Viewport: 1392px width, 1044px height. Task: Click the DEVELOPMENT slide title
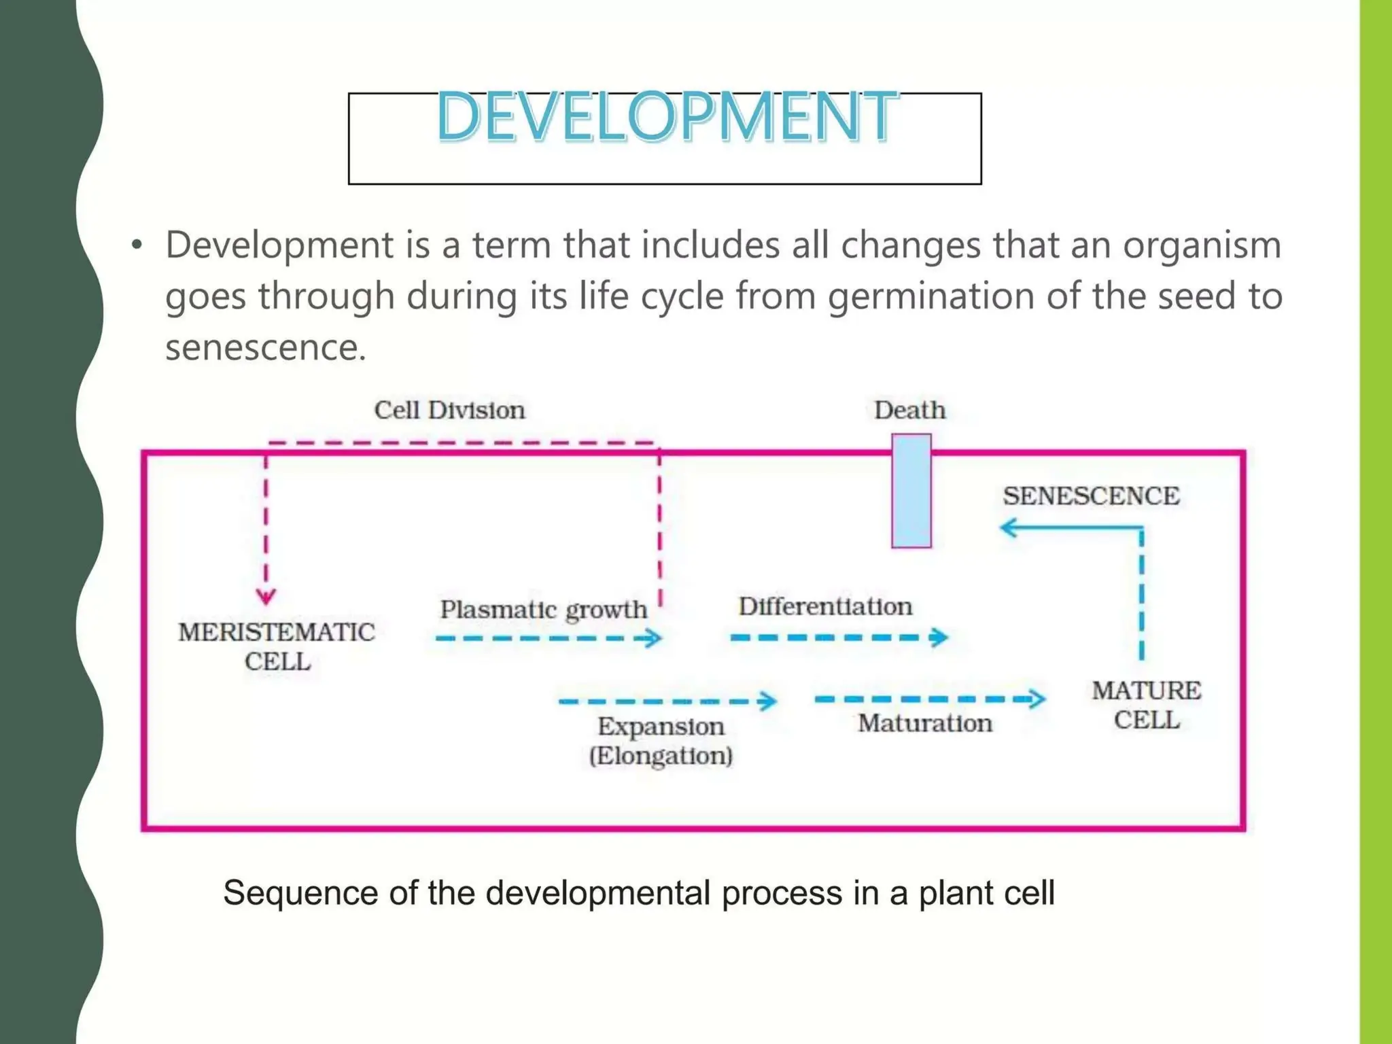pyautogui.click(x=666, y=117)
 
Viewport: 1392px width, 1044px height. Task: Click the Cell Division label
pyautogui.click(x=449, y=411)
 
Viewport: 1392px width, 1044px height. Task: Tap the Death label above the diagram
pyautogui.click(x=909, y=411)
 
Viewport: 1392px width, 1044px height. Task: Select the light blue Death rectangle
pyautogui.click(x=911, y=491)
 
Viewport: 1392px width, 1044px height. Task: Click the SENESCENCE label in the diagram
pyautogui.click(x=1091, y=496)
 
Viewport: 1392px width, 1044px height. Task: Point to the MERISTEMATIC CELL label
pyautogui.click(x=277, y=646)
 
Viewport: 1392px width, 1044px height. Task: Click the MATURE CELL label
pyautogui.click(x=1146, y=705)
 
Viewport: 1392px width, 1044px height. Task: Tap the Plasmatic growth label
pyautogui.click(x=543, y=609)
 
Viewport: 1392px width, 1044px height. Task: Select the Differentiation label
pyautogui.click(x=825, y=606)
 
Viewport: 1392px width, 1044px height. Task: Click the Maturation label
pyautogui.click(x=924, y=723)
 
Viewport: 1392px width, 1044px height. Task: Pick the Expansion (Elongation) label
pyautogui.click(x=661, y=741)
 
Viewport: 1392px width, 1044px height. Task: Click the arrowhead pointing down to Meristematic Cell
pyautogui.click(x=266, y=597)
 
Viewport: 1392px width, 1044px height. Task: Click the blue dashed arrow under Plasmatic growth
pyautogui.click(x=548, y=638)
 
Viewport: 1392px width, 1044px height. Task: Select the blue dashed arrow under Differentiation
pyautogui.click(x=838, y=638)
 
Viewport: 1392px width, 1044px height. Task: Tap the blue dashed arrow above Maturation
pyautogui.click(x=929, y=699)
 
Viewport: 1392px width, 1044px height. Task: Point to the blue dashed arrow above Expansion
pyautogui.click(x=667, y=701)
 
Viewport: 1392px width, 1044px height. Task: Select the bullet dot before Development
pyautogui.click(x=137, y=245)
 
